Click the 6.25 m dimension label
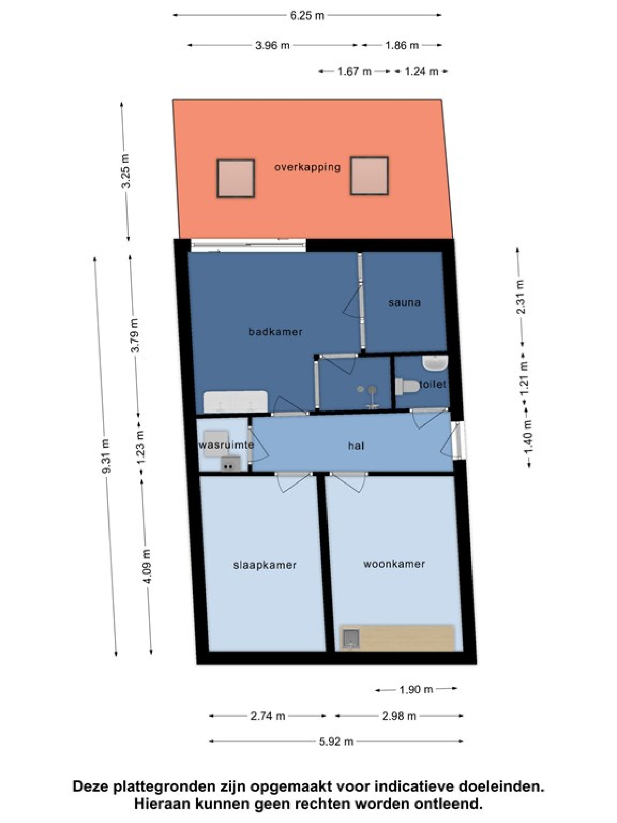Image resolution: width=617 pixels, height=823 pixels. (x=307, y=15)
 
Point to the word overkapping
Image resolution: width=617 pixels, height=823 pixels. (x=307, y=167)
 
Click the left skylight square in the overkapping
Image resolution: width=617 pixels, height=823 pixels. (x=236, y=178)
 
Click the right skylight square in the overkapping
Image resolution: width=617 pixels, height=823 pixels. (x=369, y=176)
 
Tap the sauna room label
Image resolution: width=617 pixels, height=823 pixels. (x=405, y=302)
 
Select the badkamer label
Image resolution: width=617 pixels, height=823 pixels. (x=276, y=332)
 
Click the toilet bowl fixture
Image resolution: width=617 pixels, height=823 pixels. (x=408, y=386)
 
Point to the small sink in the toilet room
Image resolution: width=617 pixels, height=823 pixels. (x=435, y=363)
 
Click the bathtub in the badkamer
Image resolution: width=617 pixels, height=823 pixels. (x=235, y=402)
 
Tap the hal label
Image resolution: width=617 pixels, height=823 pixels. (x=356, y=446)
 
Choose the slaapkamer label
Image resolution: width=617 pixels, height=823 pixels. (x=265, y=565)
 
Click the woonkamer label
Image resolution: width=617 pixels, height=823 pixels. (x=394, y=564)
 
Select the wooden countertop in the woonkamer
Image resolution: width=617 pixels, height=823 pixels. (x=397, y=638)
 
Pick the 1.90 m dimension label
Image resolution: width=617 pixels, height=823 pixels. (x=416, y=690)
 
